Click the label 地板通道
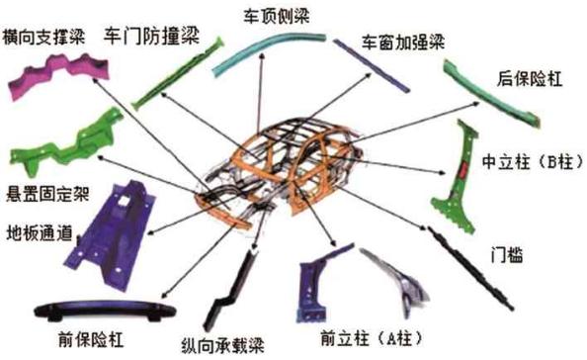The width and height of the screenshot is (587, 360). tap(39, 233)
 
